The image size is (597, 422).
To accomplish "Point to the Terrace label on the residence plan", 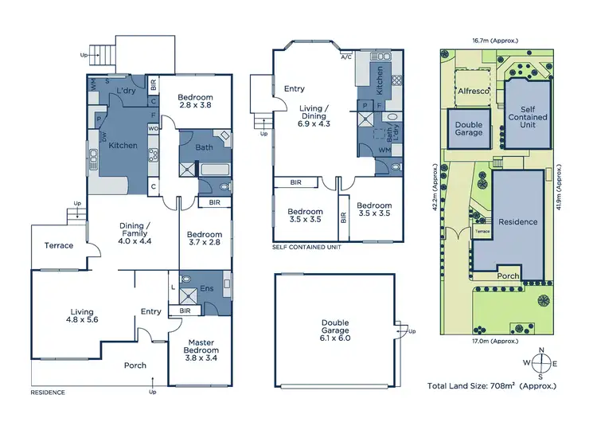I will click(58, 245).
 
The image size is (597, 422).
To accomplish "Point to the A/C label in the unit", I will click(345, 57).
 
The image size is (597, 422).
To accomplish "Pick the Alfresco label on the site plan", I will click(473, 91).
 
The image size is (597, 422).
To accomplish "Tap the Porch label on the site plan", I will click(506, 276).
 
